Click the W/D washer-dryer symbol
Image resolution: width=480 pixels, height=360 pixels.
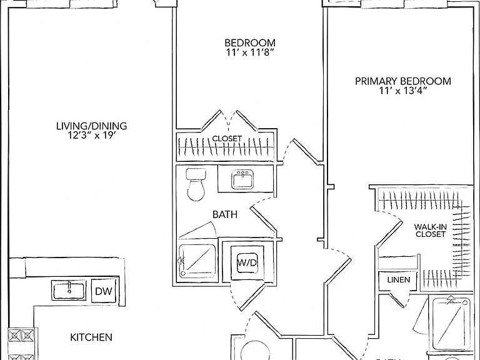click(247, 262)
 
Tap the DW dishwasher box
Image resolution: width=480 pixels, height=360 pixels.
click(104, 291)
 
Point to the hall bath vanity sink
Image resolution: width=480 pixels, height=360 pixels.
click(242, 179)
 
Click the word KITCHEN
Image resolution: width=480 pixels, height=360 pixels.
click(91, 337)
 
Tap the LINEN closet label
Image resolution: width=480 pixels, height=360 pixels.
click(399, 280)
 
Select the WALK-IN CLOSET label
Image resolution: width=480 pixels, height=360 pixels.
click(431, 231)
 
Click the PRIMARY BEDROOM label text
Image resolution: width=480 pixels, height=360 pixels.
click(403, 81)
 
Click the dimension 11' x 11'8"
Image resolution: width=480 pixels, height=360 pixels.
click(250, 52)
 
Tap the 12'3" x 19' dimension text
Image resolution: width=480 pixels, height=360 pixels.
click(91, 135)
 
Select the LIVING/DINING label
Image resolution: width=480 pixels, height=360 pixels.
click(91, 126)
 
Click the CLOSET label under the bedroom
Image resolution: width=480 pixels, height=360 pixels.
click(227, 139)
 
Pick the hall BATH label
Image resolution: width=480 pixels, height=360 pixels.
click(225, 214)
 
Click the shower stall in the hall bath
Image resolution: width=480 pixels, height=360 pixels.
click(197, 260)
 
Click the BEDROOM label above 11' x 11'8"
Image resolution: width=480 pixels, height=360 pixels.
click(250, 42)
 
